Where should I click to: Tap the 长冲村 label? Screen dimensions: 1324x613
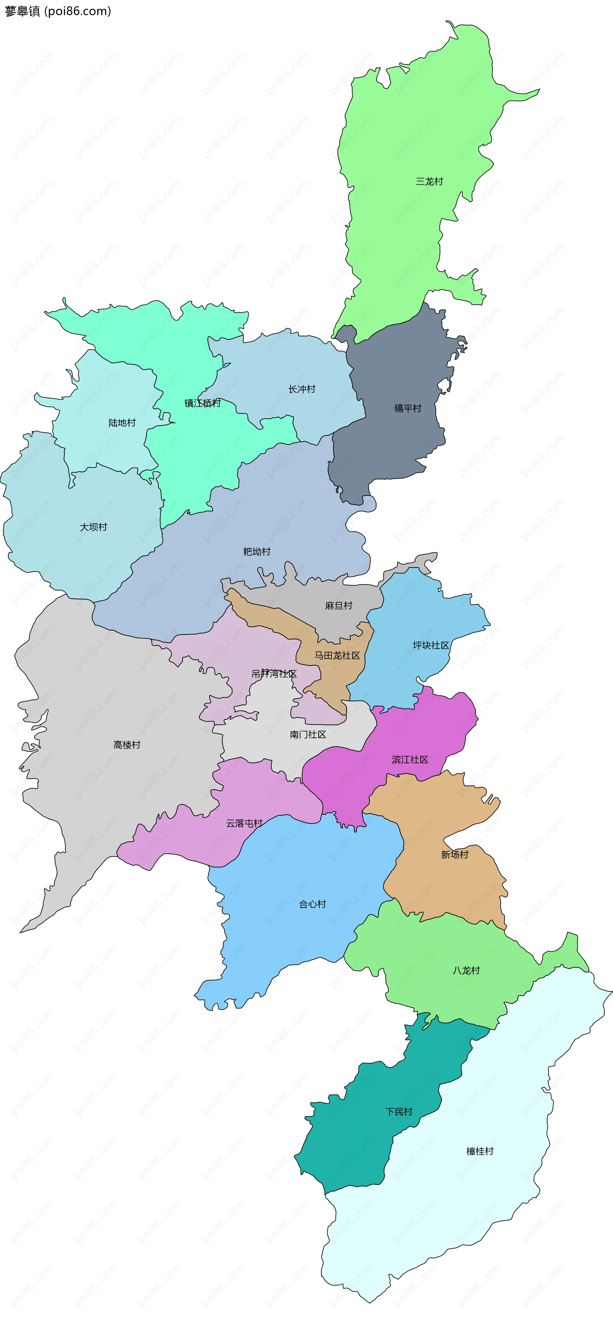(x=302, y=389)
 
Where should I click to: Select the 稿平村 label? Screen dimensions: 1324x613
(x=408, y=408)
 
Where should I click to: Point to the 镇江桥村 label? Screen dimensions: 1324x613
(x=203, y=403)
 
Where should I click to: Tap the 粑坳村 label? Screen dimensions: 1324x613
(x=257, y=551)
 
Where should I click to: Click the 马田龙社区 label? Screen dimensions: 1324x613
(x=337, y=655)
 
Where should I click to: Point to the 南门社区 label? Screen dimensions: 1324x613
(x=308, y=735)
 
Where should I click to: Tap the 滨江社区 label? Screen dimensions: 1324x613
(x=410, y=760)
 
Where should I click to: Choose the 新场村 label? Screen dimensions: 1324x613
(x=455, y=854)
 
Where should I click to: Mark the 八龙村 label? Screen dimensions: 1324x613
(x=466, y=970)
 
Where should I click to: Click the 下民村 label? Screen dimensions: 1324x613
(x=399, y=1112)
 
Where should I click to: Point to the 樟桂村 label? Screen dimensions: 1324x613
(x=480, y=1151)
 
